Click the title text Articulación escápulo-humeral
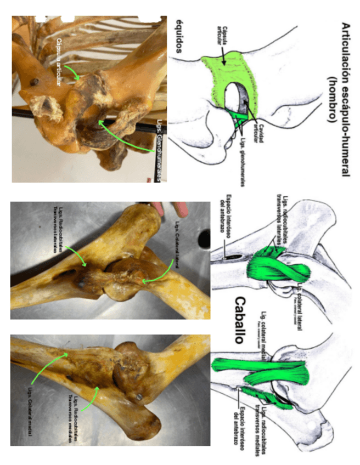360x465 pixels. [346, 99]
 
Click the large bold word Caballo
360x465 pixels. [241, 320]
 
